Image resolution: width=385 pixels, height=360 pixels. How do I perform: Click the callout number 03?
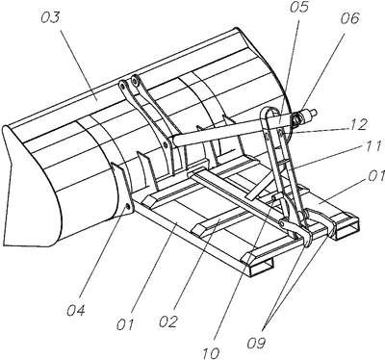pyautogui.click(x=50, y=18)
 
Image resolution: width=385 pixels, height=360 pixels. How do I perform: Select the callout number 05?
pyautogui.click(x=298, y=8)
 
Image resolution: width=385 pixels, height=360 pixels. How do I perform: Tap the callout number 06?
pyautogui.click(x=349, y=18)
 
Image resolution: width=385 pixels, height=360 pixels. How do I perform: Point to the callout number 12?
pyautogui.click(x=358, y=124)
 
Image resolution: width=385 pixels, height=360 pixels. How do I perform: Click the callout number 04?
pyautogui.click(x=76, y=310)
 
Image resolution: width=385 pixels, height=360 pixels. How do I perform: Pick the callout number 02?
pyautogui.click(x=167, y=321)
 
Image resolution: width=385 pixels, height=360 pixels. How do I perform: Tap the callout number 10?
pyautogui.click(x=211, y=352)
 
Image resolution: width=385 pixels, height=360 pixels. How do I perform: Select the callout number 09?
pyautogui.click(x=257, y=343)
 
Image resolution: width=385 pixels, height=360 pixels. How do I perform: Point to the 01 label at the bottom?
pyautogui.click(x=125, y=325)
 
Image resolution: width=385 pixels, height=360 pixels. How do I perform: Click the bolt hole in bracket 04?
pyautogui.click(x=128, y=206)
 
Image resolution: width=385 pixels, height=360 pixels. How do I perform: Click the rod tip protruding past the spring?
pyautogui.click(x=314, y=113)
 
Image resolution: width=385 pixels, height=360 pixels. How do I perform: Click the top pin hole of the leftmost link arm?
pyautogui.click(x=122, y=85)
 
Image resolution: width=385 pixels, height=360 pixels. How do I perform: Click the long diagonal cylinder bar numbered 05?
pyautogui.click(x=231, y=128)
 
